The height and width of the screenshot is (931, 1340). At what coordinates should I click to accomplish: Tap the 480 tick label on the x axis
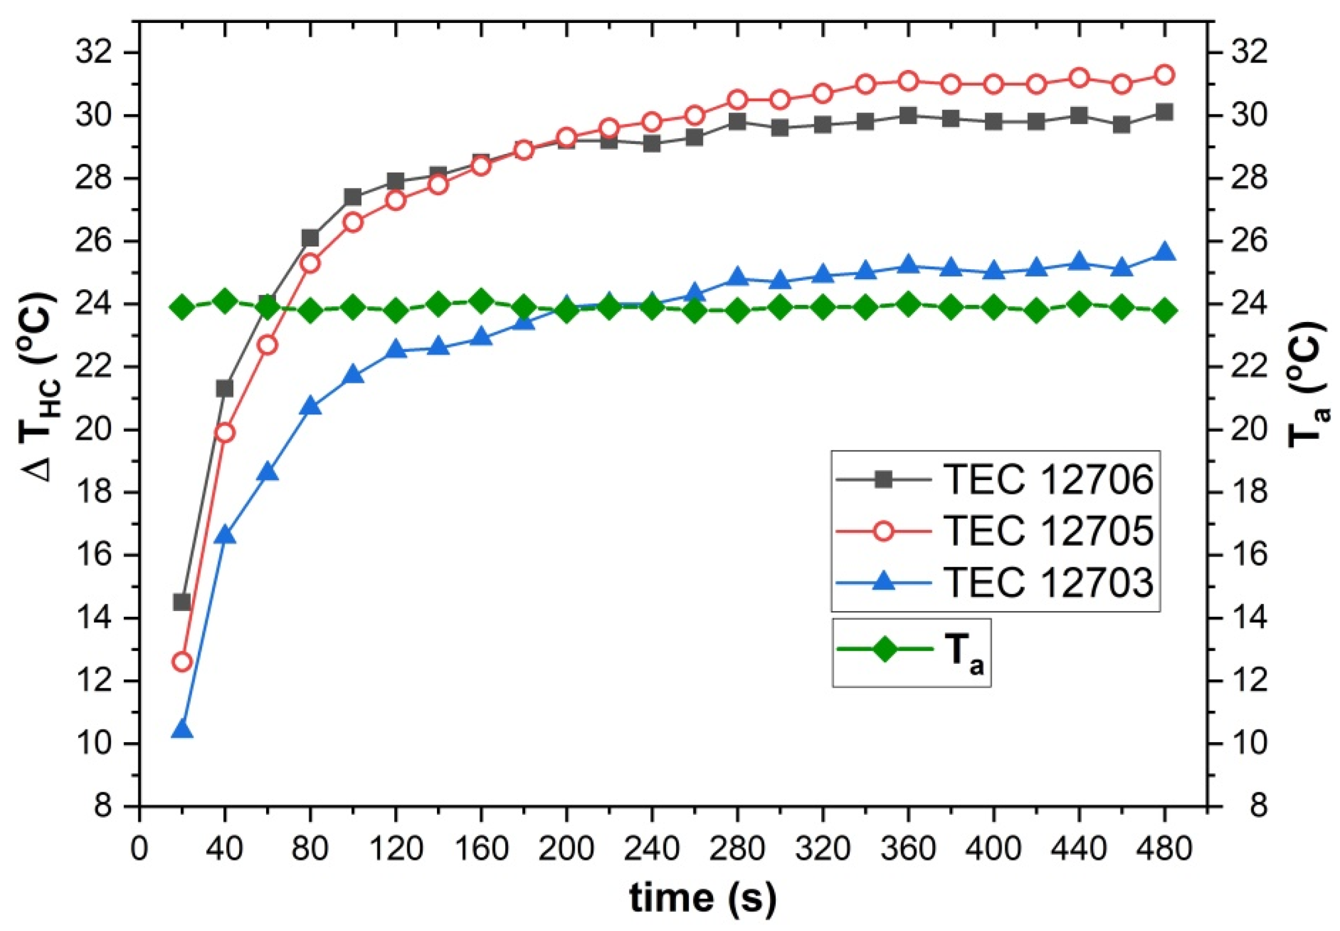(1164, 849)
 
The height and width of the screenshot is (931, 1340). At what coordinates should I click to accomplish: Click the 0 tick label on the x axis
(139, 849)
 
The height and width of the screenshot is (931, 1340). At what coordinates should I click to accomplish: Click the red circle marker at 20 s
(182, 662)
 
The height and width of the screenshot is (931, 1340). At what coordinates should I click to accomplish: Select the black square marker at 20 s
(182, 602)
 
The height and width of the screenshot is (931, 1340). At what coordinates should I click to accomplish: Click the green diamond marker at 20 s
(182, 307)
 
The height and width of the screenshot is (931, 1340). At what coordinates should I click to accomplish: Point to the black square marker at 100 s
(353, 197)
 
